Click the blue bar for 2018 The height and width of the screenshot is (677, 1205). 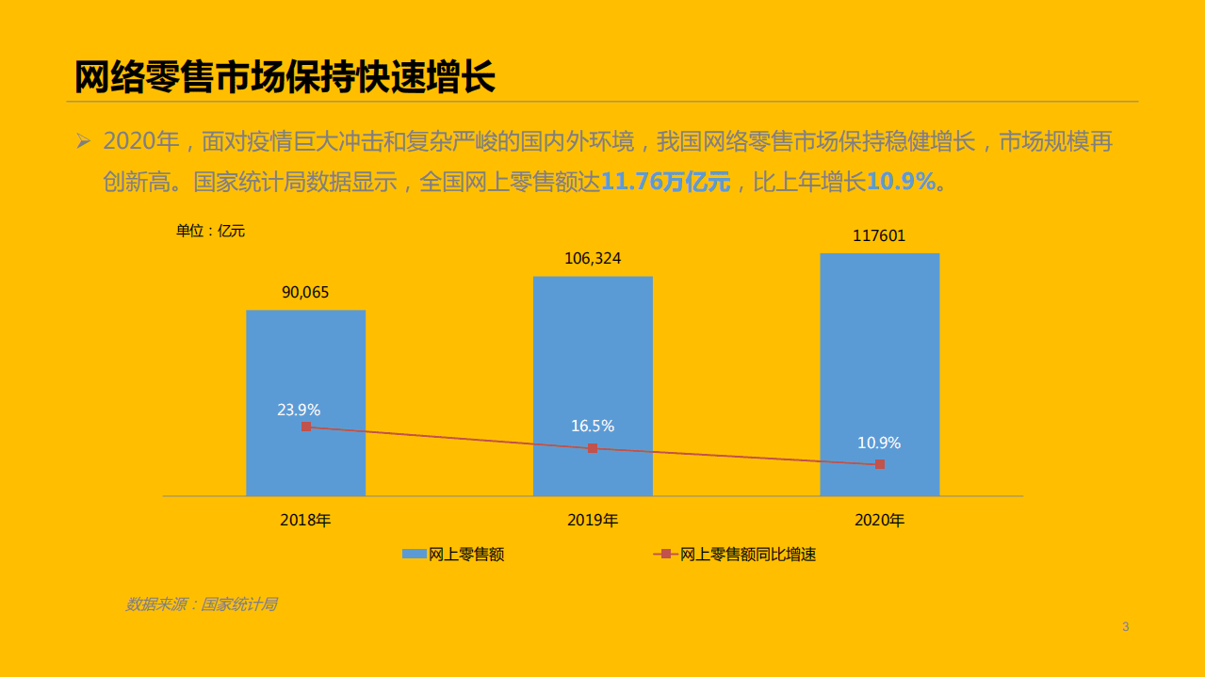click(305, 367)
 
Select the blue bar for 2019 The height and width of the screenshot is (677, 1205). click(593, 358)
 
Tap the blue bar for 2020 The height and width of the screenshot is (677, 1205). click(879, 358)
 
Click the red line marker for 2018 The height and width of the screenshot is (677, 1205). click(306, 427)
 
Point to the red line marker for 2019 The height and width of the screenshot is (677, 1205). click(593, 448)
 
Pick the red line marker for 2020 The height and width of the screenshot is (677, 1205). click(880, 464)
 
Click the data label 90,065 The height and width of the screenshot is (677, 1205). click(305, 292)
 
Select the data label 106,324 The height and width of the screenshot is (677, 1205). click(593, 258)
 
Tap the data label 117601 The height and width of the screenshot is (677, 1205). click(879, 235)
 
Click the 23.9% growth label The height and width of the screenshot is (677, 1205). click(299, 410)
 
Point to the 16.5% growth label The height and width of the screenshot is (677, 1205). click(593, 426)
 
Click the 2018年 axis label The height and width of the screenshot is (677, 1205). click(305, 520)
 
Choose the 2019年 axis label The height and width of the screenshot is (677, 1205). click(593, 520)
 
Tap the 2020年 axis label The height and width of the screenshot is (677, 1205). click(879, 520)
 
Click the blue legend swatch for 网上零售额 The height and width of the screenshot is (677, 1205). click(414, 555)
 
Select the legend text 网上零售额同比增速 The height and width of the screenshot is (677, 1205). click(748, 555)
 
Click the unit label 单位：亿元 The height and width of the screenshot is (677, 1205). click(210, 231)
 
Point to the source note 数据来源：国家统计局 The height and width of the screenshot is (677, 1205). click(201, 604)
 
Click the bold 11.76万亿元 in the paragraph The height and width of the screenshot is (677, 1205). click(665, 182)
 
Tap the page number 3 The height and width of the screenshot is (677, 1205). click(1125, 627)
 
